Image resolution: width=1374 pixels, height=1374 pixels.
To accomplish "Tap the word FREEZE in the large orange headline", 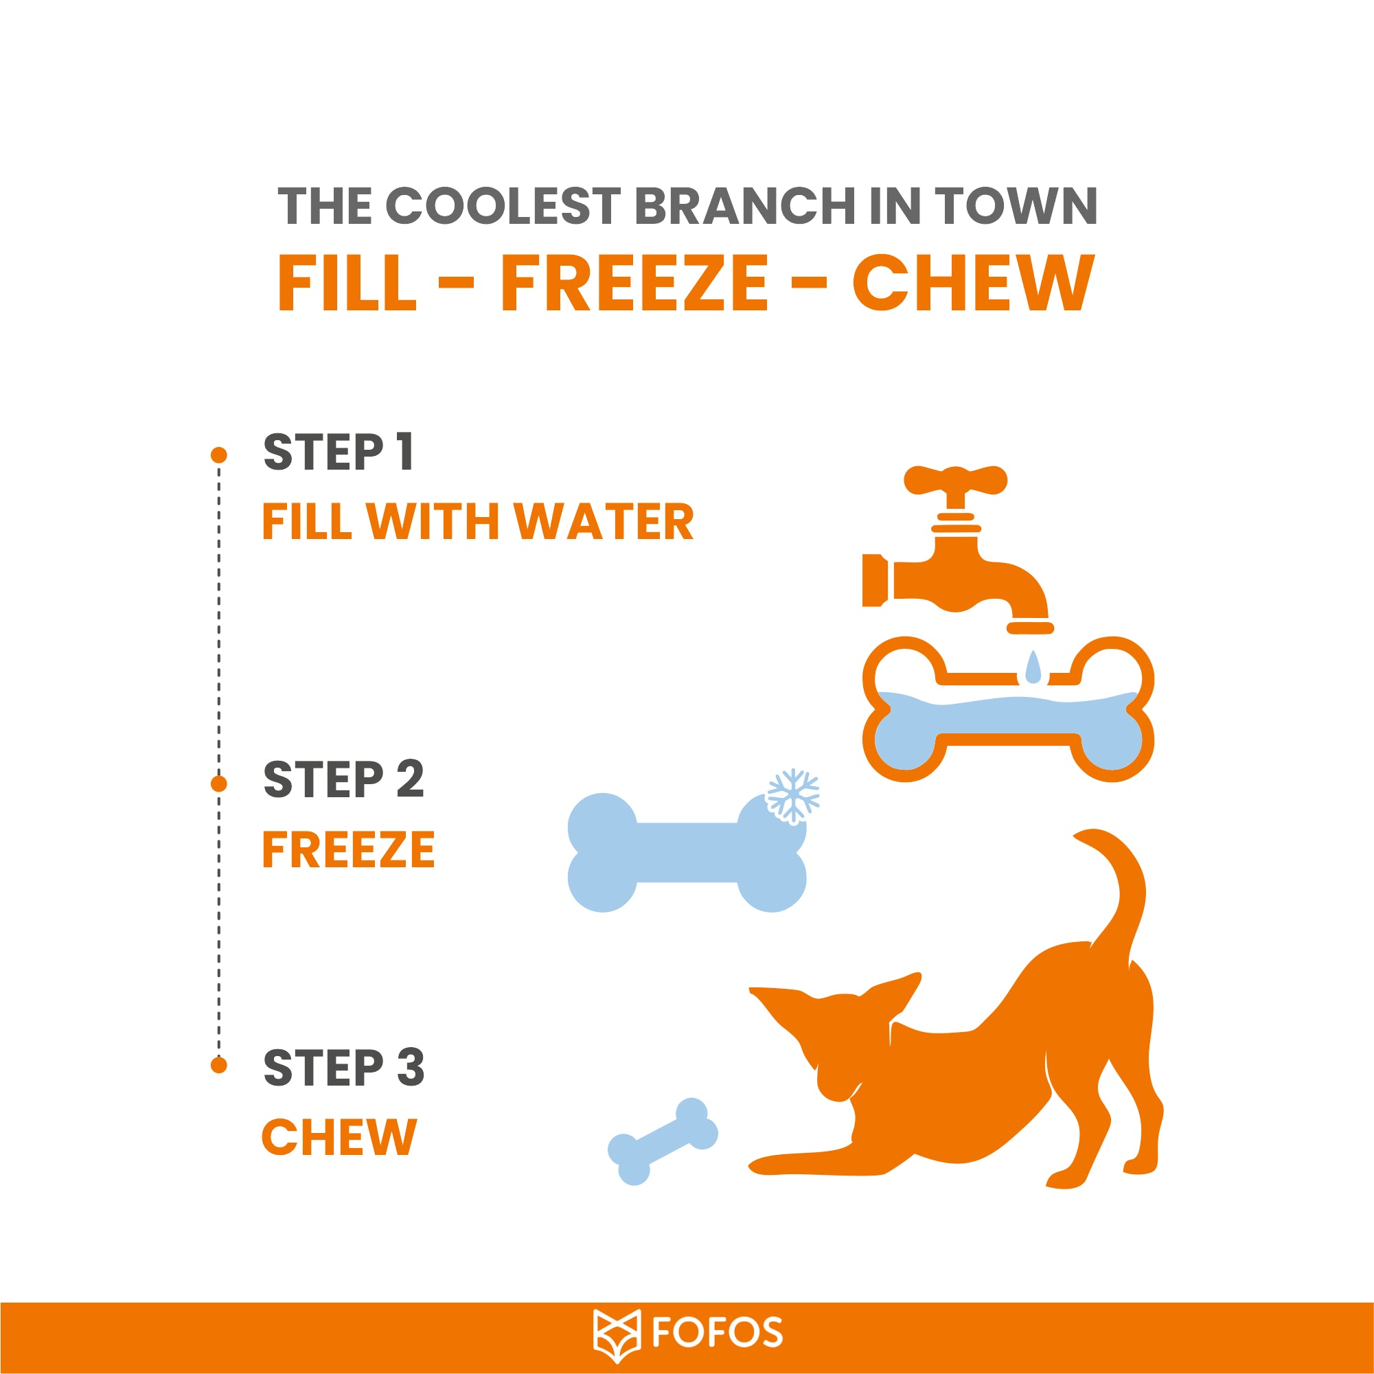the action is click(x=634, y=283).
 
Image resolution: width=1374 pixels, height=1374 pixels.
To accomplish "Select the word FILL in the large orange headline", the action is click(x=347, y=283).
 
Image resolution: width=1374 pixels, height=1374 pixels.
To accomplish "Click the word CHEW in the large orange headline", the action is click(x=974, y=283).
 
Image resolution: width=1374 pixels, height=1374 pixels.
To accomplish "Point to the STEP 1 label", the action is click(x=339, y=452).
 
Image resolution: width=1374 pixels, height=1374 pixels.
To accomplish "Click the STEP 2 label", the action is click(x=343, y=779).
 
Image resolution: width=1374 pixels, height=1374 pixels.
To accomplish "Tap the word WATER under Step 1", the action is click(x=603, y=522).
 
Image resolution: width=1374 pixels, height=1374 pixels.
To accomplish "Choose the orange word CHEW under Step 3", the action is click(x=339, y=1137).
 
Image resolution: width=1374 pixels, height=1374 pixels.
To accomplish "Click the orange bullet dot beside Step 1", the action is click(x=219, y=455).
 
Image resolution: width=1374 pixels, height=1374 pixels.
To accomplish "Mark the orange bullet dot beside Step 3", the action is click(x=219, y=1064).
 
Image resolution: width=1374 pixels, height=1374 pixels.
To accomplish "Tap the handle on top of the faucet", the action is click(x=955, y=480).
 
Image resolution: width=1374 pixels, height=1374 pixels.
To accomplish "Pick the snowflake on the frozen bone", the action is click(x=792, y=797).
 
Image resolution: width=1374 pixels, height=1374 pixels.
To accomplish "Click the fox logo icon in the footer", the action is click(x=617, y=1336).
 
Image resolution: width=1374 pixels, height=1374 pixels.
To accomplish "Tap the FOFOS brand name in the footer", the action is click(x=717, y=1333).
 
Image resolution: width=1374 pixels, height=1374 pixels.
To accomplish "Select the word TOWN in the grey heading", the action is click(x=1016, y=206).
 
